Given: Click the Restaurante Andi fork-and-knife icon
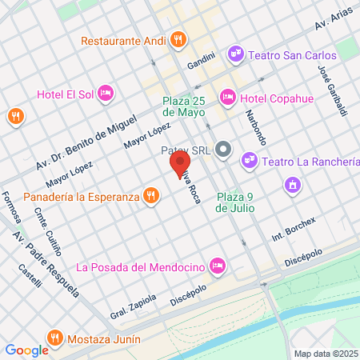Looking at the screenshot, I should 178,38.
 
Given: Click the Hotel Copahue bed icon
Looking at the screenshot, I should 228,97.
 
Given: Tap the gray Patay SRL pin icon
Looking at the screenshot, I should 224,149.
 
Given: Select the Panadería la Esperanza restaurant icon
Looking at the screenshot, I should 150,195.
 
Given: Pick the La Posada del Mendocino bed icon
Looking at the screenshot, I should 216,265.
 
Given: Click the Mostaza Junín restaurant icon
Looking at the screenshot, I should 54,336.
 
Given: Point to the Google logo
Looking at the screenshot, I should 26,350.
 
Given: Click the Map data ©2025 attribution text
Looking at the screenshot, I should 325,353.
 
